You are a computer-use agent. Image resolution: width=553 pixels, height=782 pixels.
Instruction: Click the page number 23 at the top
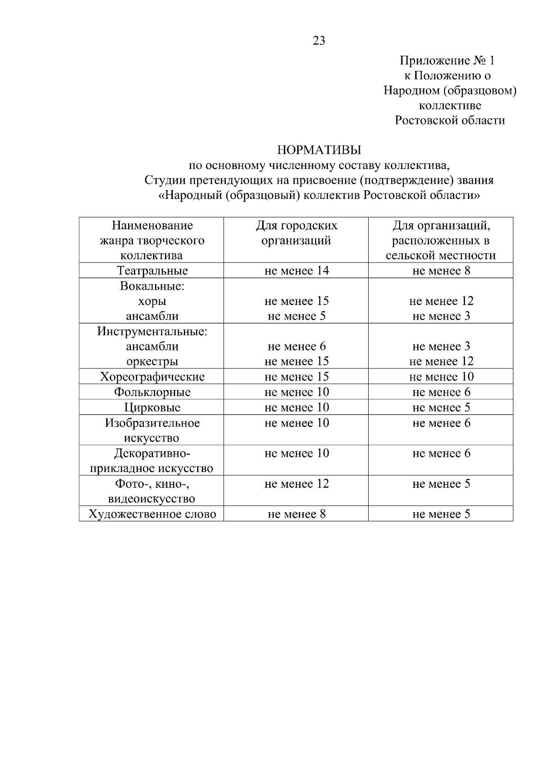click(x=318, y=41)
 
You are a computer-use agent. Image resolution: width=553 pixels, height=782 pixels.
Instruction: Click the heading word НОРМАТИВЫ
click(x=319, y=150)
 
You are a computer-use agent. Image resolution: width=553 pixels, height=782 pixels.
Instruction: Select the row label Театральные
click(x=152, y=270)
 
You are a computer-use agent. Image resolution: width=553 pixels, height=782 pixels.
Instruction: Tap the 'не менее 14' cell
click(x=296, y=270)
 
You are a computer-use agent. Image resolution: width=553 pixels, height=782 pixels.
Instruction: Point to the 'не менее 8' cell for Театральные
click(x=441, y=270)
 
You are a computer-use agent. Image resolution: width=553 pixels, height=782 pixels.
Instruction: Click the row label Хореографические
click(x=152, y=377)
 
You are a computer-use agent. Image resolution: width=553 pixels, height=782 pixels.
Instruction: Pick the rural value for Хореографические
click(x=441, y=377)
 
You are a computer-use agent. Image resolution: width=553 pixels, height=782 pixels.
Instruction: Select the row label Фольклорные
click(x=152, y=392)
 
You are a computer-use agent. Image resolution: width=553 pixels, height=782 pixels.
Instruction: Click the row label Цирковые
click(x=152, y=408)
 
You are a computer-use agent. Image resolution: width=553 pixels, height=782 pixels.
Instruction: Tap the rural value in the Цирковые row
click(x=441, y=408)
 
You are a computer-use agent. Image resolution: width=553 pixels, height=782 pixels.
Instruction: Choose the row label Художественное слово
click(x=152, y=514)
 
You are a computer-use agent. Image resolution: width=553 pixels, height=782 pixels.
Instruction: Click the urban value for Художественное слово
click(x=296, y=514)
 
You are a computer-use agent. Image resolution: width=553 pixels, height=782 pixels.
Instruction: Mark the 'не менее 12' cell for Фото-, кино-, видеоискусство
click(x=296, y=484)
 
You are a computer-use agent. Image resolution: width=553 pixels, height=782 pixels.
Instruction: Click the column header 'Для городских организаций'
click(x=296, y=233)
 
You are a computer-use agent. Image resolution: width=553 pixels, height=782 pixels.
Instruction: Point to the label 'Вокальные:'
click(x=152, y=286)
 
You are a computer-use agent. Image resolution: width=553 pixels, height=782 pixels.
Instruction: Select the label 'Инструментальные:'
click(x=152, y=331)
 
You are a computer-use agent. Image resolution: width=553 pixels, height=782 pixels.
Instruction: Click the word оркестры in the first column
click(x=152, y=362)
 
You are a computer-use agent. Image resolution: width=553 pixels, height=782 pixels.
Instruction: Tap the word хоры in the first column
click(x=152, y=301)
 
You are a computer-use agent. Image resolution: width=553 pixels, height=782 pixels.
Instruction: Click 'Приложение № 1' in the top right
click(x=447, y=61)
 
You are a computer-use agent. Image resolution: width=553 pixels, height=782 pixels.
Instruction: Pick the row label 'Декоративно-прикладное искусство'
click(x=152, y=461)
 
